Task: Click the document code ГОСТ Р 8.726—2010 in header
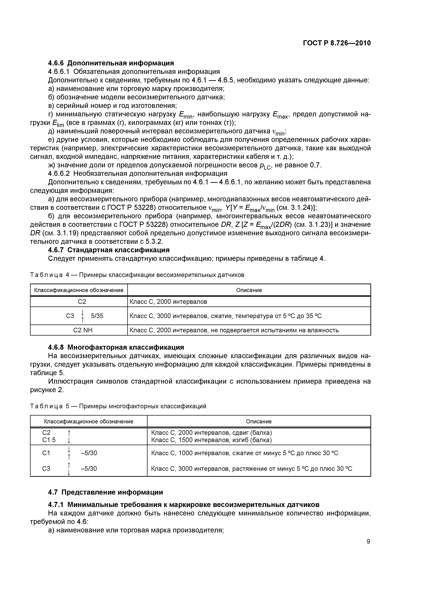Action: click(x=337, y=43)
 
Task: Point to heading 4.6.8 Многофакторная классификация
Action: click(x=116, y=347)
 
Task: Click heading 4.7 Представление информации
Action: click(x=106, y=492)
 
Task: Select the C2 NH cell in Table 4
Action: click(x=83, y=330)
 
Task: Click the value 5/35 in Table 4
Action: click(x=97, y=316)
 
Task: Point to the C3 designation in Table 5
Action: click(x=46, y=469)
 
